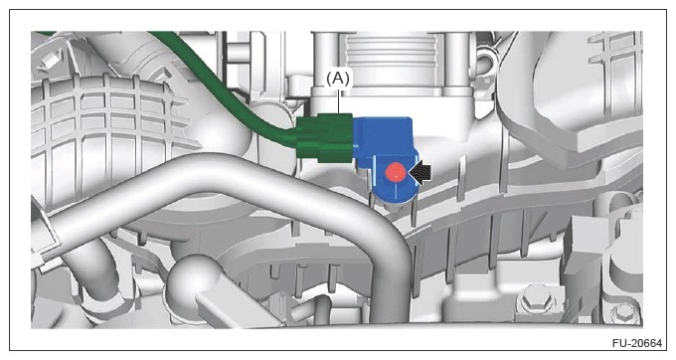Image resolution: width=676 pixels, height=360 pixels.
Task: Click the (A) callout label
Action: pyautogui.click(x=338, y=78)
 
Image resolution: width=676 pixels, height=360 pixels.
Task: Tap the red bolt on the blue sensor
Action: pyautogui.click(x=396, y=172)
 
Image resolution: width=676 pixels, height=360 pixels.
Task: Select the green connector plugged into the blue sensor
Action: pyautogui.click(x=325, y=138)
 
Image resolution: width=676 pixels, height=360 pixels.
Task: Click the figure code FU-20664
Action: pyautogui.click(x=636, y=343)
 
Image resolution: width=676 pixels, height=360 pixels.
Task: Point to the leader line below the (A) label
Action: pyautogui.click(x=339, y=100)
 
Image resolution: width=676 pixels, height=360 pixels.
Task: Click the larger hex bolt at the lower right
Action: pyautogui.click(x=536, y=298)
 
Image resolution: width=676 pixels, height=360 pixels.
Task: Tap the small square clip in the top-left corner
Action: pyautogui.click(x=49, y=59)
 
